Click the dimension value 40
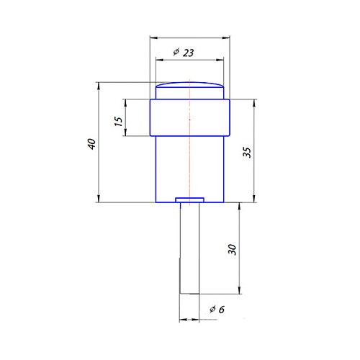point(91,144)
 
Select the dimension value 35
point(246,152)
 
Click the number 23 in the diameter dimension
point(189,53)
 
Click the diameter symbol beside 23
point(176,53)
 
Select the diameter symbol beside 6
point(212,309)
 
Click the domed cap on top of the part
point(190,91)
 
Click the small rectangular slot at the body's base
point(190,199)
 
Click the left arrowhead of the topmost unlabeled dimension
point(152,37)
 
